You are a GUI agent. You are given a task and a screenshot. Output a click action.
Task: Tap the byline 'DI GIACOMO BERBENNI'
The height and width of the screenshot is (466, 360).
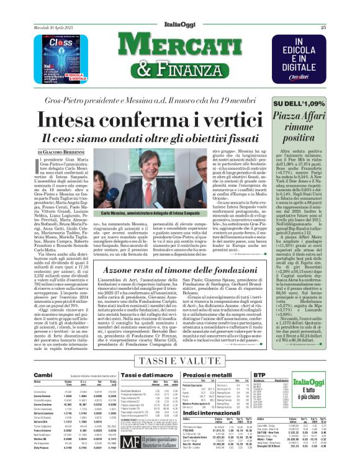[x=60, y=151]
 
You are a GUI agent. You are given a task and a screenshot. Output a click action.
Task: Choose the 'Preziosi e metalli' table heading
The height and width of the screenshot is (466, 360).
[x=209, y=375]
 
